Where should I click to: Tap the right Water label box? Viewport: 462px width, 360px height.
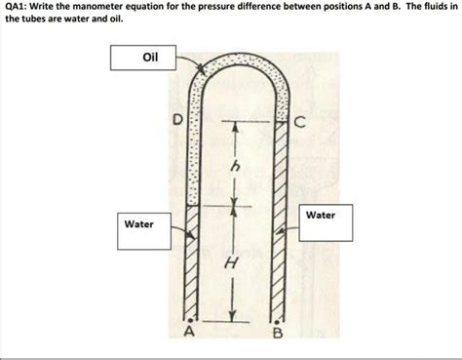click(x=321, y=214)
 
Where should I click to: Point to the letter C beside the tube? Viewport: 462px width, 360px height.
click(x=300, y=122)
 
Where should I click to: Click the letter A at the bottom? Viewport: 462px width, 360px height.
click(x=191, y=335)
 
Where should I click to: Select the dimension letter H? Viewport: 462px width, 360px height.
click(x=230, y=262)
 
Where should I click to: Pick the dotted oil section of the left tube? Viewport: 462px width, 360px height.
click(x=191, y=146)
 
